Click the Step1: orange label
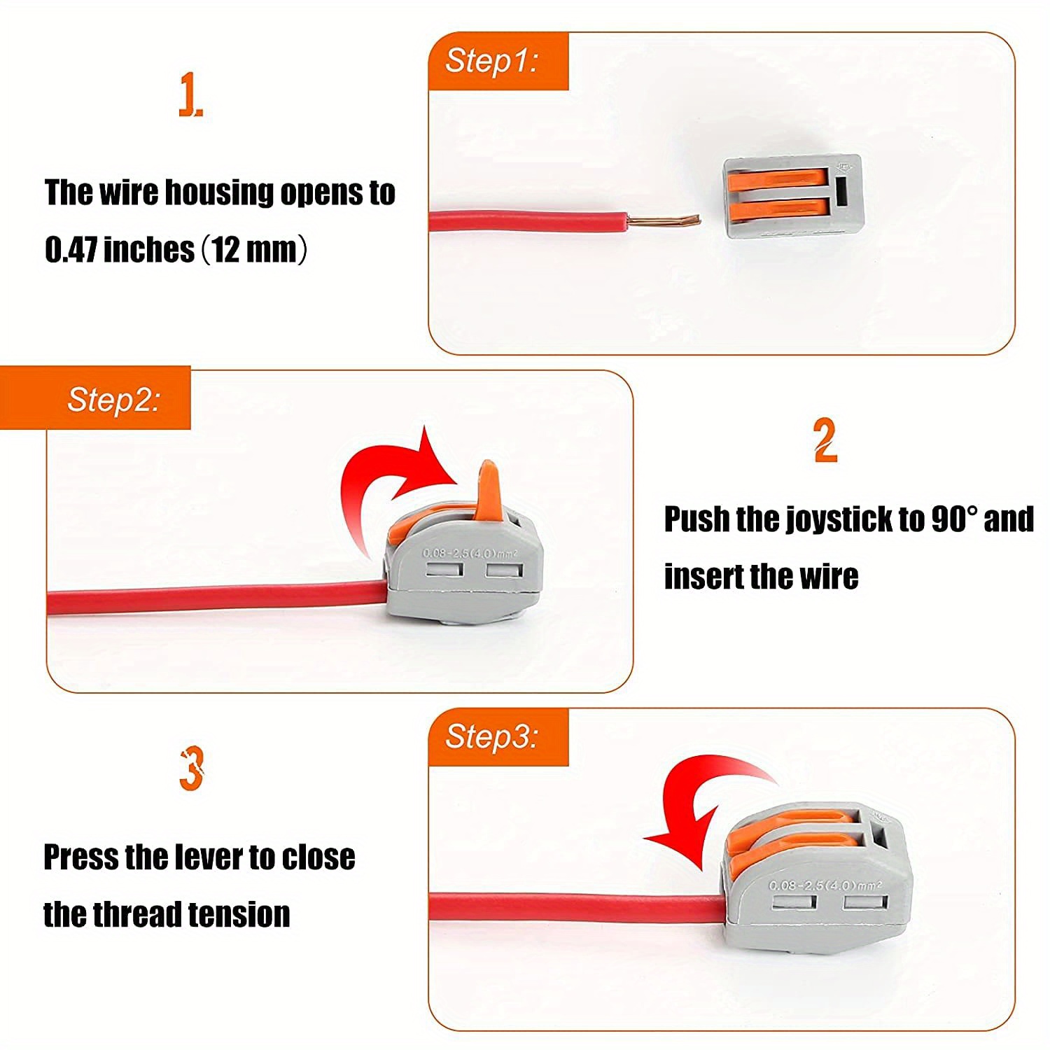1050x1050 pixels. pyautogui.click(x=492, y=61)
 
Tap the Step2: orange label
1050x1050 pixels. pyautogui.click(x=113, y=400)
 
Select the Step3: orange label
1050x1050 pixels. pyautogui.click(x=492, y=736)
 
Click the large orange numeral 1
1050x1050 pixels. pyautogui.click(x=189, y=96)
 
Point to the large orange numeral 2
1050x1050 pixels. pyautogui.click(x=825, y=440)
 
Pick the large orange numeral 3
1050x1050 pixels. pyautogui.click(x=191, y=769)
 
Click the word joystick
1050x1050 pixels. pyautogui.click(x=838, y=519)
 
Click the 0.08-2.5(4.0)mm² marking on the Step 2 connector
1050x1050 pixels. pyautogui.click(x=470, y=553)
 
